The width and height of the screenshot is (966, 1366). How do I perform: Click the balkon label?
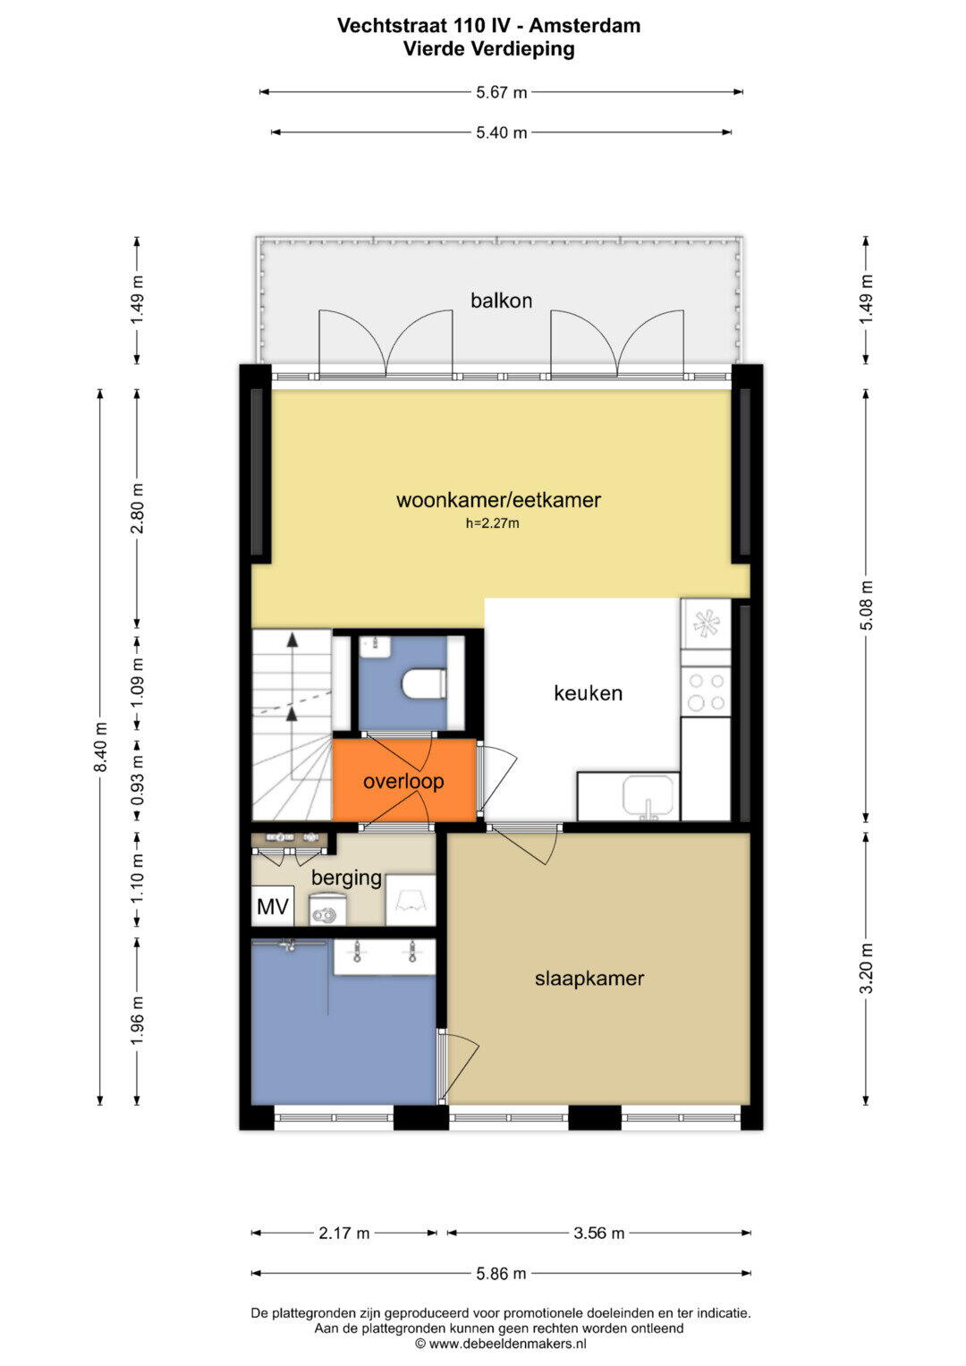501,300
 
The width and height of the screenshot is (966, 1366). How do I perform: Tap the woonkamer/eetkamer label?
498,500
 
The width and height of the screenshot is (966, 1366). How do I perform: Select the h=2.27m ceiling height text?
492,523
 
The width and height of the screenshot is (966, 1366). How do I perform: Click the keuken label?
588,692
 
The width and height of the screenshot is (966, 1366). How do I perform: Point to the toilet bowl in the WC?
424,683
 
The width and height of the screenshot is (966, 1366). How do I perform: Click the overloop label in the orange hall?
403,781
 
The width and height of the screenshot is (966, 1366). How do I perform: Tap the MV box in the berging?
273,906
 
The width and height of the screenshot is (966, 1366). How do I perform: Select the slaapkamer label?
589,978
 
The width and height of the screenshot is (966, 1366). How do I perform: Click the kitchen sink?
648,797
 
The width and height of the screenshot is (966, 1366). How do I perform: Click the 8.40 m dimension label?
100,746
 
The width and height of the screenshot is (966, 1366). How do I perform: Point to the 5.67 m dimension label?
501,93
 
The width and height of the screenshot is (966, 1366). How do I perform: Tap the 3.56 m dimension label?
599,1233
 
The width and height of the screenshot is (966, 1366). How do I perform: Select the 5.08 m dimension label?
867,605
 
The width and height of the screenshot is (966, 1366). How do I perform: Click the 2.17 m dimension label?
344,1233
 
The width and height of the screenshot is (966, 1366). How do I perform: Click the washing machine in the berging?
323,909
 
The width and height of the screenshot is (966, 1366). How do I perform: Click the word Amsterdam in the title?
585,26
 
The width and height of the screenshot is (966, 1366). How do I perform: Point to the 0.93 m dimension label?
138,780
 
